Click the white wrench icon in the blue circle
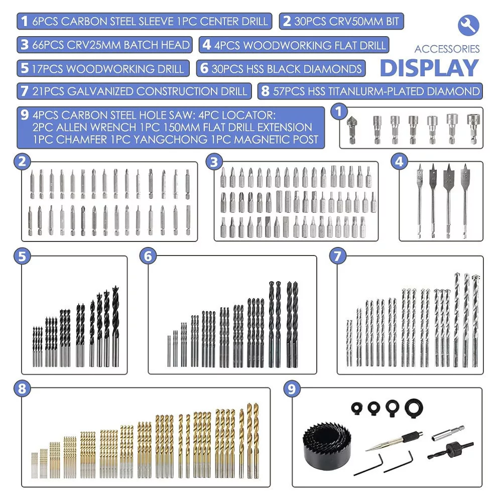tap(468, 25)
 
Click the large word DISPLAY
tap(429, 68)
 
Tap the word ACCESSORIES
tap(447, 49)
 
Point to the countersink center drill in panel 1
tap(352, 130)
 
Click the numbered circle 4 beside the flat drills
tap(399, 161)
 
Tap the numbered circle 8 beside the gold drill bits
tap(22, 389)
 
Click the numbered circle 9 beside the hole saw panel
tap(292, 389)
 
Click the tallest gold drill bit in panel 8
tap(249, 441)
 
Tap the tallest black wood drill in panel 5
tap(115, 326)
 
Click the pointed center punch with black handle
tap(394, 441)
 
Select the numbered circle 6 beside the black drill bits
tap(148, 256)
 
